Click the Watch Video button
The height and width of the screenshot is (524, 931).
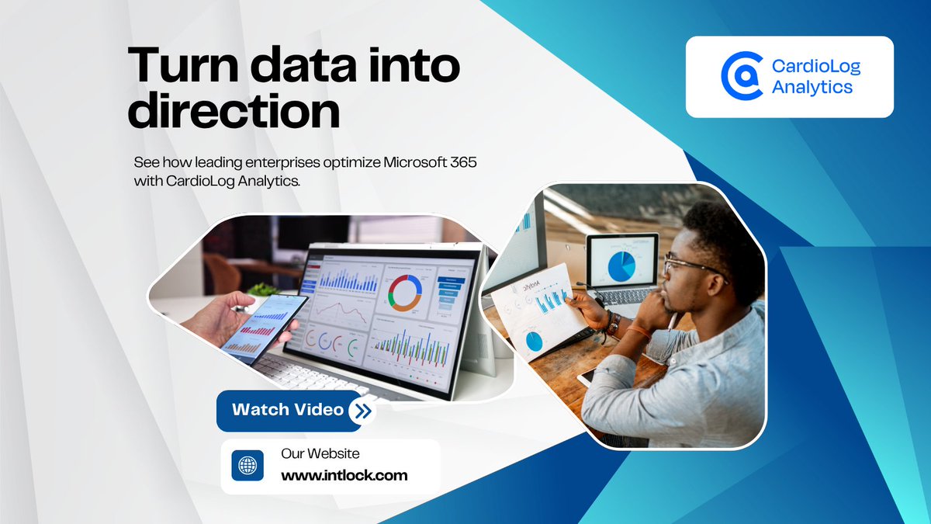pyautogui.click(x=287, y=409)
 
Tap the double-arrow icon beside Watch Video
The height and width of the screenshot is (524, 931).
pyautogui.click(x=361, y=411)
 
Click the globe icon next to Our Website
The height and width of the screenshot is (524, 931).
pyautogui.click(x=247, y=466)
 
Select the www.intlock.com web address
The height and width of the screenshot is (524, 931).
pyautogui.click(x=344, y=475)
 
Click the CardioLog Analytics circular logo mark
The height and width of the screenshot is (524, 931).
pyautogui.click(x=742, y=76)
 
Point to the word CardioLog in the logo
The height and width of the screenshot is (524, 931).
pyautogui.click(x=816, y=66)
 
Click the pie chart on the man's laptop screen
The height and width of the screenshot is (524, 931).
pyautogui.click(x=621, y=265)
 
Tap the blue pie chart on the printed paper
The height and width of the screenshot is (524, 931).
pyautogui.click(x=535, y=340)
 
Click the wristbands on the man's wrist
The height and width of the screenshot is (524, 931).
pyautogui.click(x=613, y=324)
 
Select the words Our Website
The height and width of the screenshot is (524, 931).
pyautogui.click(x=320, y=453)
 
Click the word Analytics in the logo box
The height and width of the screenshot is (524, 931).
pyautogui.click(x=812, y=86)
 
